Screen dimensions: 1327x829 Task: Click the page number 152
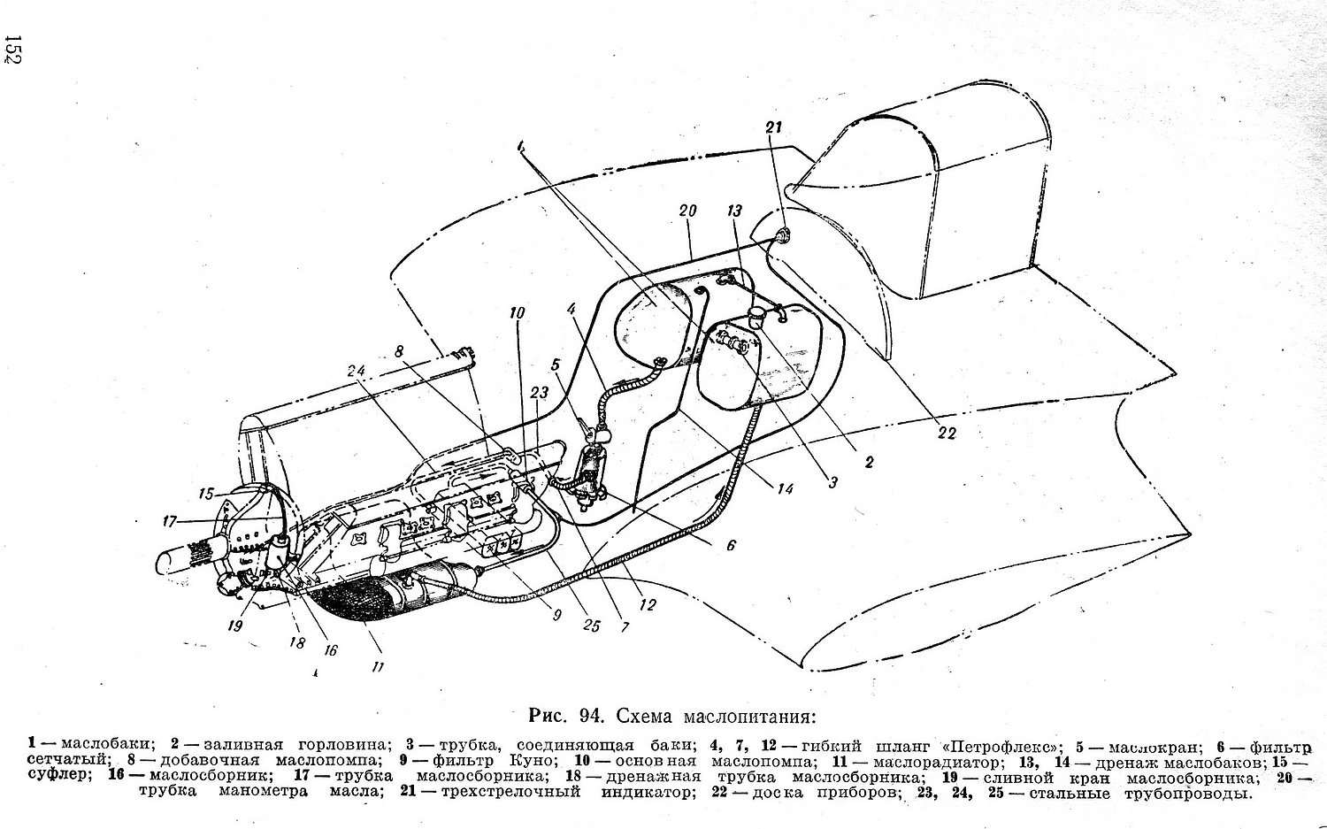[12, 49]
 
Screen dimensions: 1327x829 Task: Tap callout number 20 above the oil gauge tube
[687, 211]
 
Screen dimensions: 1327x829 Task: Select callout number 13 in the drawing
[735, 211]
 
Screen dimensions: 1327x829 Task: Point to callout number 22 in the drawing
[947, 434]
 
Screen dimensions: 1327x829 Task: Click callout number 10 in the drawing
[518, 313]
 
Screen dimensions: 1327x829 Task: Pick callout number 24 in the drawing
[357, 371]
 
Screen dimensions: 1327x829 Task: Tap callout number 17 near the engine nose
[170, 521]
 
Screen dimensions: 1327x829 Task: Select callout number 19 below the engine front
[235, 626]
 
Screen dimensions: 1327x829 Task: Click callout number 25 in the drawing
[592, 626]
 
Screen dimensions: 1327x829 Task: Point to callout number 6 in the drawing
[731, 545]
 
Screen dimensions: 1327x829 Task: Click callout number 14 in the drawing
[785, 488]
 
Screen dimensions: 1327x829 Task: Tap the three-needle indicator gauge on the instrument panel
[783, 235]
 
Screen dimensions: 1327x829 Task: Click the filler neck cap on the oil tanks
[757, 316]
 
